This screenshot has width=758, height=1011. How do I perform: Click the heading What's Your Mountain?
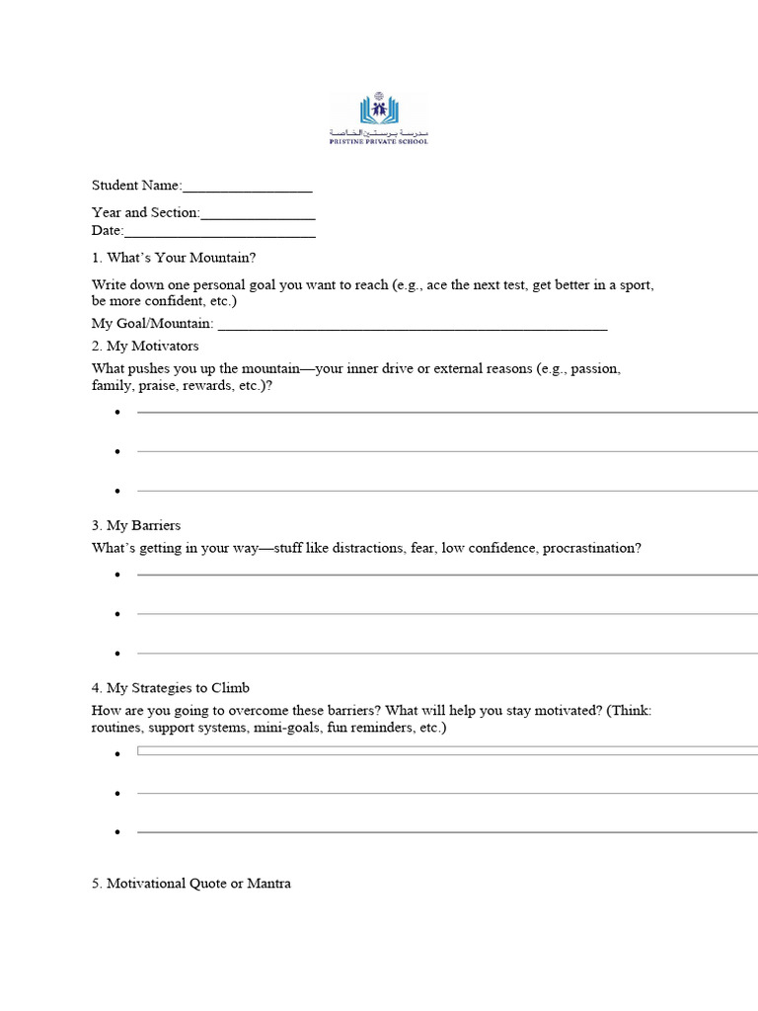point(174,258)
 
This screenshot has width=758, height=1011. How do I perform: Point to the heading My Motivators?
point(145,347)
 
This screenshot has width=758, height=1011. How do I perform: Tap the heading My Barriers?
point(136,525)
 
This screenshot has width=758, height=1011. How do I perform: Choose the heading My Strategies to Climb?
point(178,688)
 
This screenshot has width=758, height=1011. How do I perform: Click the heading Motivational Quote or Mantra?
point(191,884)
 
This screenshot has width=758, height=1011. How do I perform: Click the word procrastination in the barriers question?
point(590,548)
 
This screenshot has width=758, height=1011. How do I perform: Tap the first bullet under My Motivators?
point(117,413)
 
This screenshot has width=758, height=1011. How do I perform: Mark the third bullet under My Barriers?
point(117,654)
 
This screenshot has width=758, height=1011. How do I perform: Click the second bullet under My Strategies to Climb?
point(117,794)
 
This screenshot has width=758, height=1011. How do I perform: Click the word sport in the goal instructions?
point(636,285)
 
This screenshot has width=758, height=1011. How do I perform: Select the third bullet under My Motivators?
point(117,492)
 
